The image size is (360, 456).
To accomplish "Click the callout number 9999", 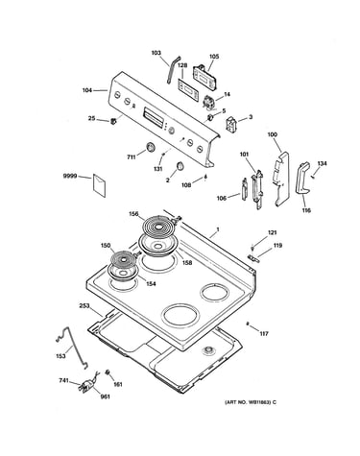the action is click(x=70, y=176).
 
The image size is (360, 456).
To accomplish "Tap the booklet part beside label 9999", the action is click(x=99, y=185).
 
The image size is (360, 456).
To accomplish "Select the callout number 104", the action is click(x=87, y=90).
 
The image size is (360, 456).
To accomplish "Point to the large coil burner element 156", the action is click(x=158, y=226).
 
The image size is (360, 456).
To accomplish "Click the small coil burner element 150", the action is click(x=122, y=258).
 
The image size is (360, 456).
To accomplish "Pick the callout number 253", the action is click(x=84, y=306).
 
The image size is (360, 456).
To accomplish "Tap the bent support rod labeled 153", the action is click(x=72, y=347).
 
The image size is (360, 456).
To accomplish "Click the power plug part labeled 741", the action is click(x=86, y=385).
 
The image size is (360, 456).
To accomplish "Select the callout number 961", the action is click(x=105, y=396).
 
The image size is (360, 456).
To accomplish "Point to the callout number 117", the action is click(x=264, y=334).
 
